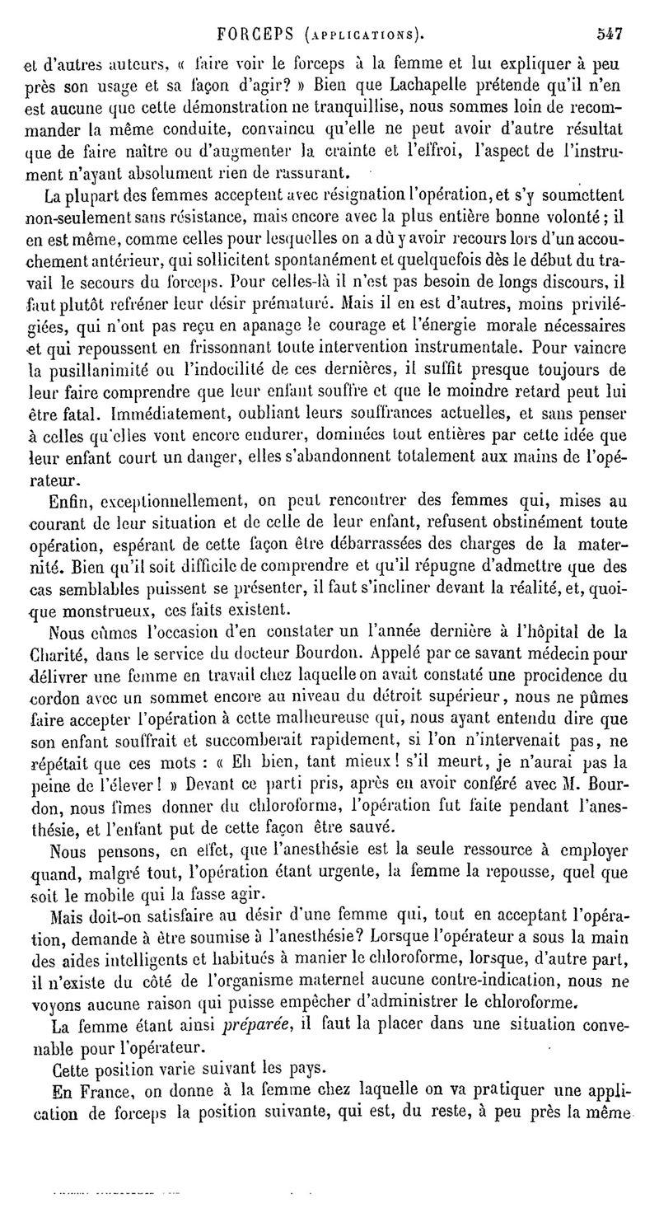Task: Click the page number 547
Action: pyautogui.click(x=609, y=35)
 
